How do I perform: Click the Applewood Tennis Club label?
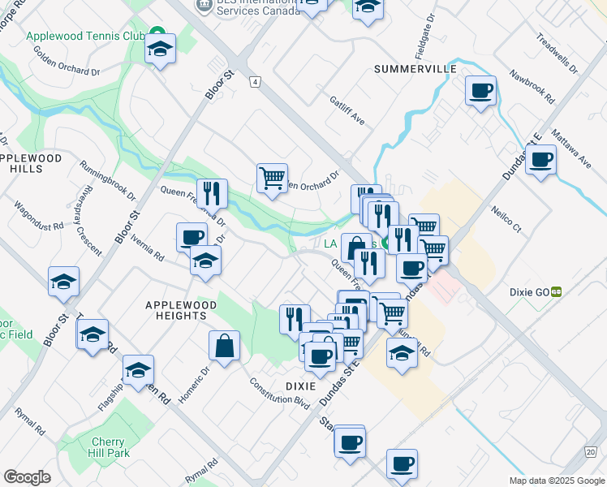pos(84,37)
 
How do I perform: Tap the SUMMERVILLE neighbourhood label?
pos(415,70)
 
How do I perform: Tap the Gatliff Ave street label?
pos(347,111)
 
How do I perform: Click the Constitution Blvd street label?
pos(279,392)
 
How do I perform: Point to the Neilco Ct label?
pos(506,218)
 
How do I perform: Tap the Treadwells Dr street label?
pos(557,54)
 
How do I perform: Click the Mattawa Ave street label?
pos(571,144)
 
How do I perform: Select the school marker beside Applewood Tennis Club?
pos(161,50)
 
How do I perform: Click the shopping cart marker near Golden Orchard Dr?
pos(272,178)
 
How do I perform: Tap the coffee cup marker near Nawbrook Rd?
pos(481,90)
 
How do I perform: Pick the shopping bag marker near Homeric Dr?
pos(224,345)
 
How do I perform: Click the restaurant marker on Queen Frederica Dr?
pos(212,193)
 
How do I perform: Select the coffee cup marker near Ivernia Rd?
pos(192,237)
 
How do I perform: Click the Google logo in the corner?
pos(27,477)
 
